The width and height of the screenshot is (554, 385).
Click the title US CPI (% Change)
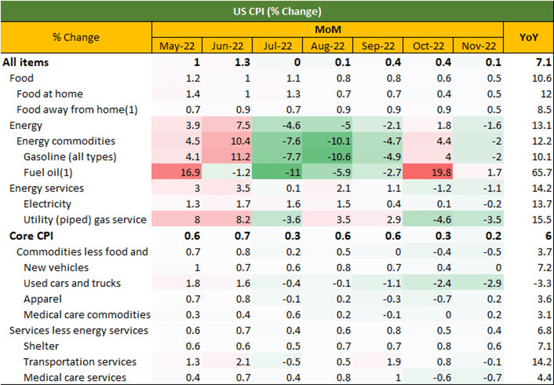(277, 12)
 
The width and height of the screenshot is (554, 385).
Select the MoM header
(328, 30)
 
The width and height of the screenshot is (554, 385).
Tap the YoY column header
(528, 38)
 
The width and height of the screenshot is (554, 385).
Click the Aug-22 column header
(327, 46)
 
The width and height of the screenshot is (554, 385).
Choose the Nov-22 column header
(478, 46)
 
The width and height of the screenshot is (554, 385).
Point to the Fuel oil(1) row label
(48, 172)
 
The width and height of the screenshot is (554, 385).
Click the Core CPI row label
(32, 236)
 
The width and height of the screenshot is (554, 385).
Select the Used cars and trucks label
(72, 283)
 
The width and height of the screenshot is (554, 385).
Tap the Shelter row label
(41, 346)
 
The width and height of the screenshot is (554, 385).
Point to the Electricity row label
(47, 204)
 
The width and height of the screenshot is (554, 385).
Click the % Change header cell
(76, 38)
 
